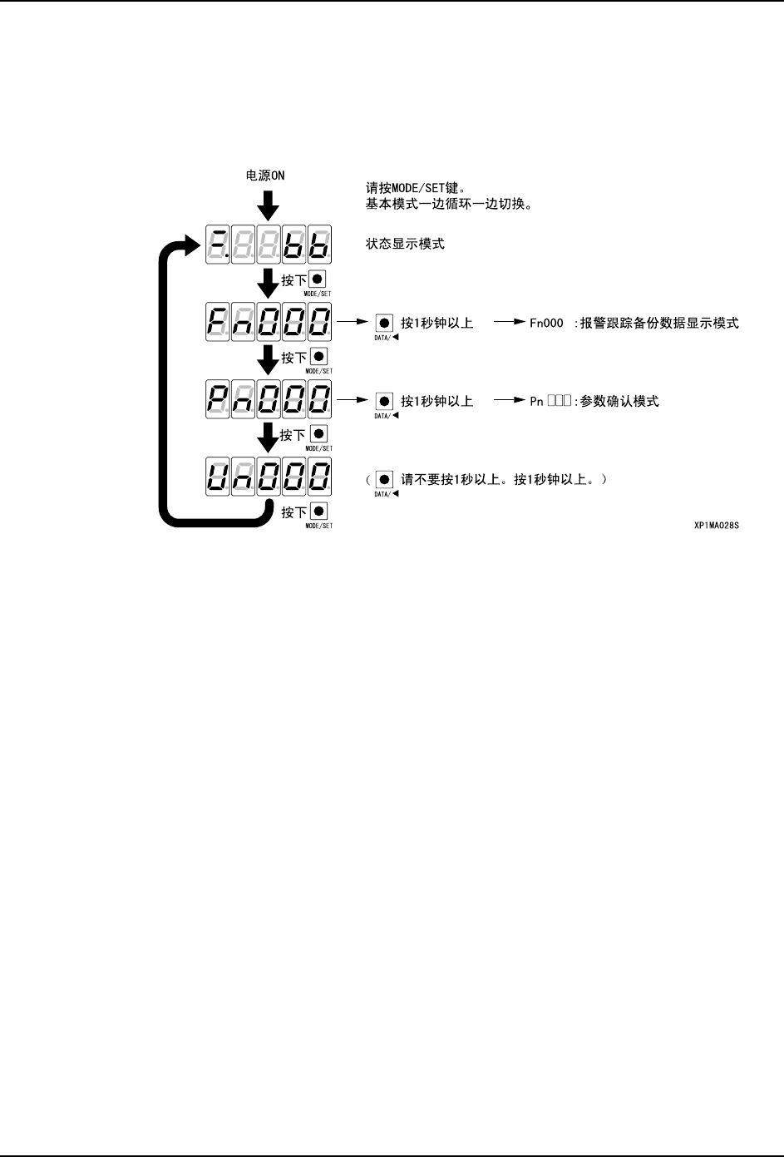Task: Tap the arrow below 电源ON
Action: (x=268, y=205)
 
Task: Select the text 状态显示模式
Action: (x=405, y=244)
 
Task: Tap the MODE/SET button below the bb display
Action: (x=318, y=280)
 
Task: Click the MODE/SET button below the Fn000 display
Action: (x=318, y=357)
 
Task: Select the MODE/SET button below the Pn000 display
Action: (x=318, y=433)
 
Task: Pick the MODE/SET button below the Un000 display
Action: (x=318, y=512)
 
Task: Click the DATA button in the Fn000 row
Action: (x=384, y=323)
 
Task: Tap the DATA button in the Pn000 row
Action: (x=384, y=401)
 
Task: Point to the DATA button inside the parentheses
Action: (x=384, y=479)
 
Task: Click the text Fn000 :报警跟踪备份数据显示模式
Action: (x=634, y=323)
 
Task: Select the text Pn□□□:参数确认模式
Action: (x=594, y=401)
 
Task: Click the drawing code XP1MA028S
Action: (x=716, y=526)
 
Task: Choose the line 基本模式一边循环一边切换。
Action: (x=448, y=203)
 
